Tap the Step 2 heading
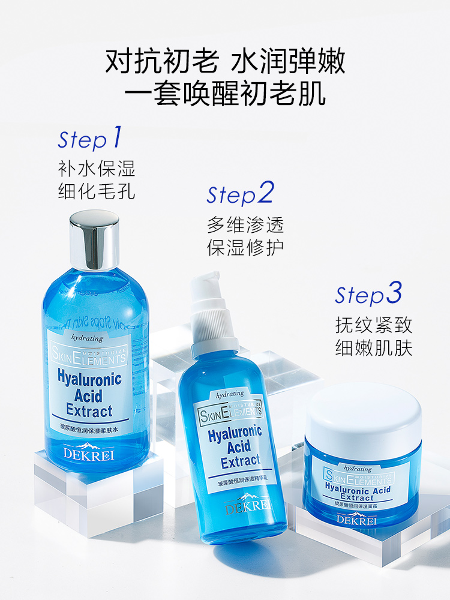(x=240, y=194)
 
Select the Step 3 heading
(x=368, y=295)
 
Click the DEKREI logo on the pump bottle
(x=247, y=506)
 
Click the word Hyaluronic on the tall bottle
(x=89, y=379)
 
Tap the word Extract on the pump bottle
(x=241, y=461)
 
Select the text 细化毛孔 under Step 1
(x=97, y=191)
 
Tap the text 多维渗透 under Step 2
(x=245, y=225)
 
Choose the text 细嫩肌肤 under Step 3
(x=374, y=349)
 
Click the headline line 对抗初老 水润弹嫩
(x=225, y=61)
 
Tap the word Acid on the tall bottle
(x=89, y=395)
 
